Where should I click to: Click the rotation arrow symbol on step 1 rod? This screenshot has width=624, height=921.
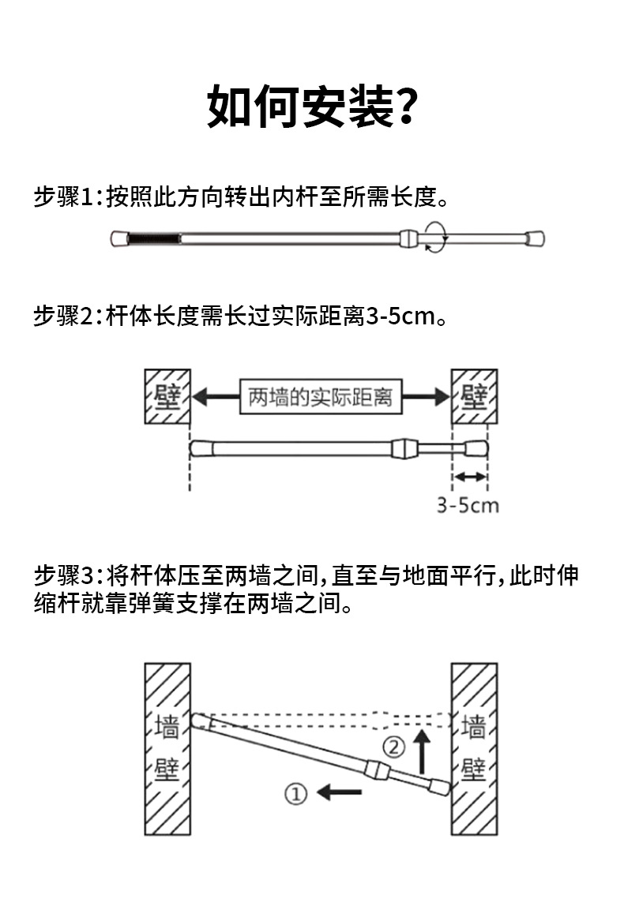[434, 237]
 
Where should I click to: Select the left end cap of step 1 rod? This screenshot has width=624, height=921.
[118, 237]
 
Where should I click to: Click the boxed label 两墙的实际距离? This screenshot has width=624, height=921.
[320, 397]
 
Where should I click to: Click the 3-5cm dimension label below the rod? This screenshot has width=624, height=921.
[468, 505]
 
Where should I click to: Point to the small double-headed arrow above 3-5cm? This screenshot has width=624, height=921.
[470, 477]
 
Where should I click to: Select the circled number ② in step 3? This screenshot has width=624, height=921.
[394, 745]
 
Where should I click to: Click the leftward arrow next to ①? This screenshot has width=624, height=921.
[334, 791]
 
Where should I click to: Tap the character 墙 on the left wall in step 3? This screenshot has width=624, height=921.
[167, 727]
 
